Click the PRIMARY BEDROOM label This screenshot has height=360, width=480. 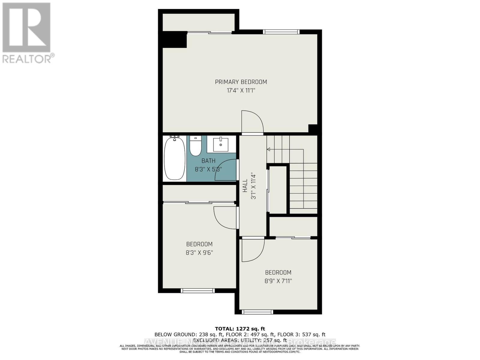coord(241,82)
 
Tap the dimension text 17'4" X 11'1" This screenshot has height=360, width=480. coord(241,90)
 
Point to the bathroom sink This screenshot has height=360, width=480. coord(221,145)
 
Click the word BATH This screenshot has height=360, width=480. coord(208,161)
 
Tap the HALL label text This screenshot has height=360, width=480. coord(245,186)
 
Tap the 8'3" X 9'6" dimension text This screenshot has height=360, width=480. coord(199,253)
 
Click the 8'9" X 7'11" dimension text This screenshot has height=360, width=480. coord(278,281)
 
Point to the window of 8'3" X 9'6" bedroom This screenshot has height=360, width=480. coord(198,290)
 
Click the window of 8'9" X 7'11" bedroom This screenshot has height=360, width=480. coord(258,312)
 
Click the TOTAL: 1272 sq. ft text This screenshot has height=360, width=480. coord(240,329)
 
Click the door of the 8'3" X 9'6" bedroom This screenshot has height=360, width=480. coord(225,218)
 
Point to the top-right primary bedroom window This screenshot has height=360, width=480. coord(281,32)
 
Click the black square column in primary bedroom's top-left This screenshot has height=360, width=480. coord(175,40)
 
